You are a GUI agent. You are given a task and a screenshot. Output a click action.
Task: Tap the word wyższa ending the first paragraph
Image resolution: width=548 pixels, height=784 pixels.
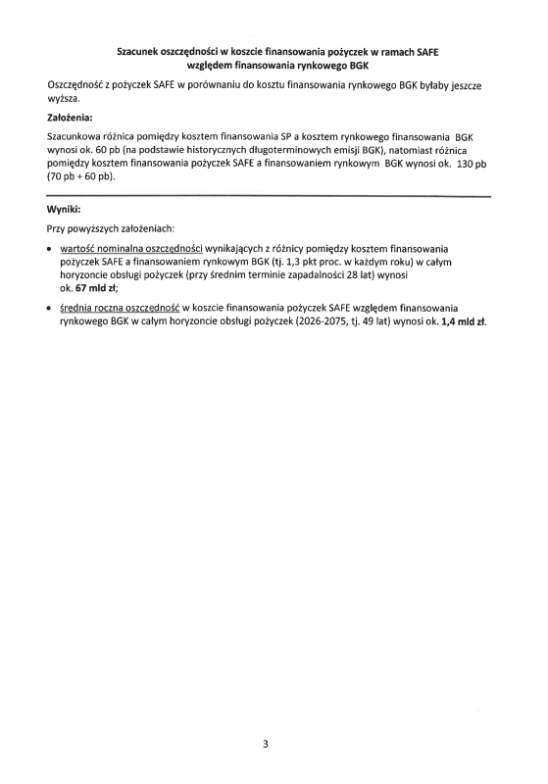point(64,100)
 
